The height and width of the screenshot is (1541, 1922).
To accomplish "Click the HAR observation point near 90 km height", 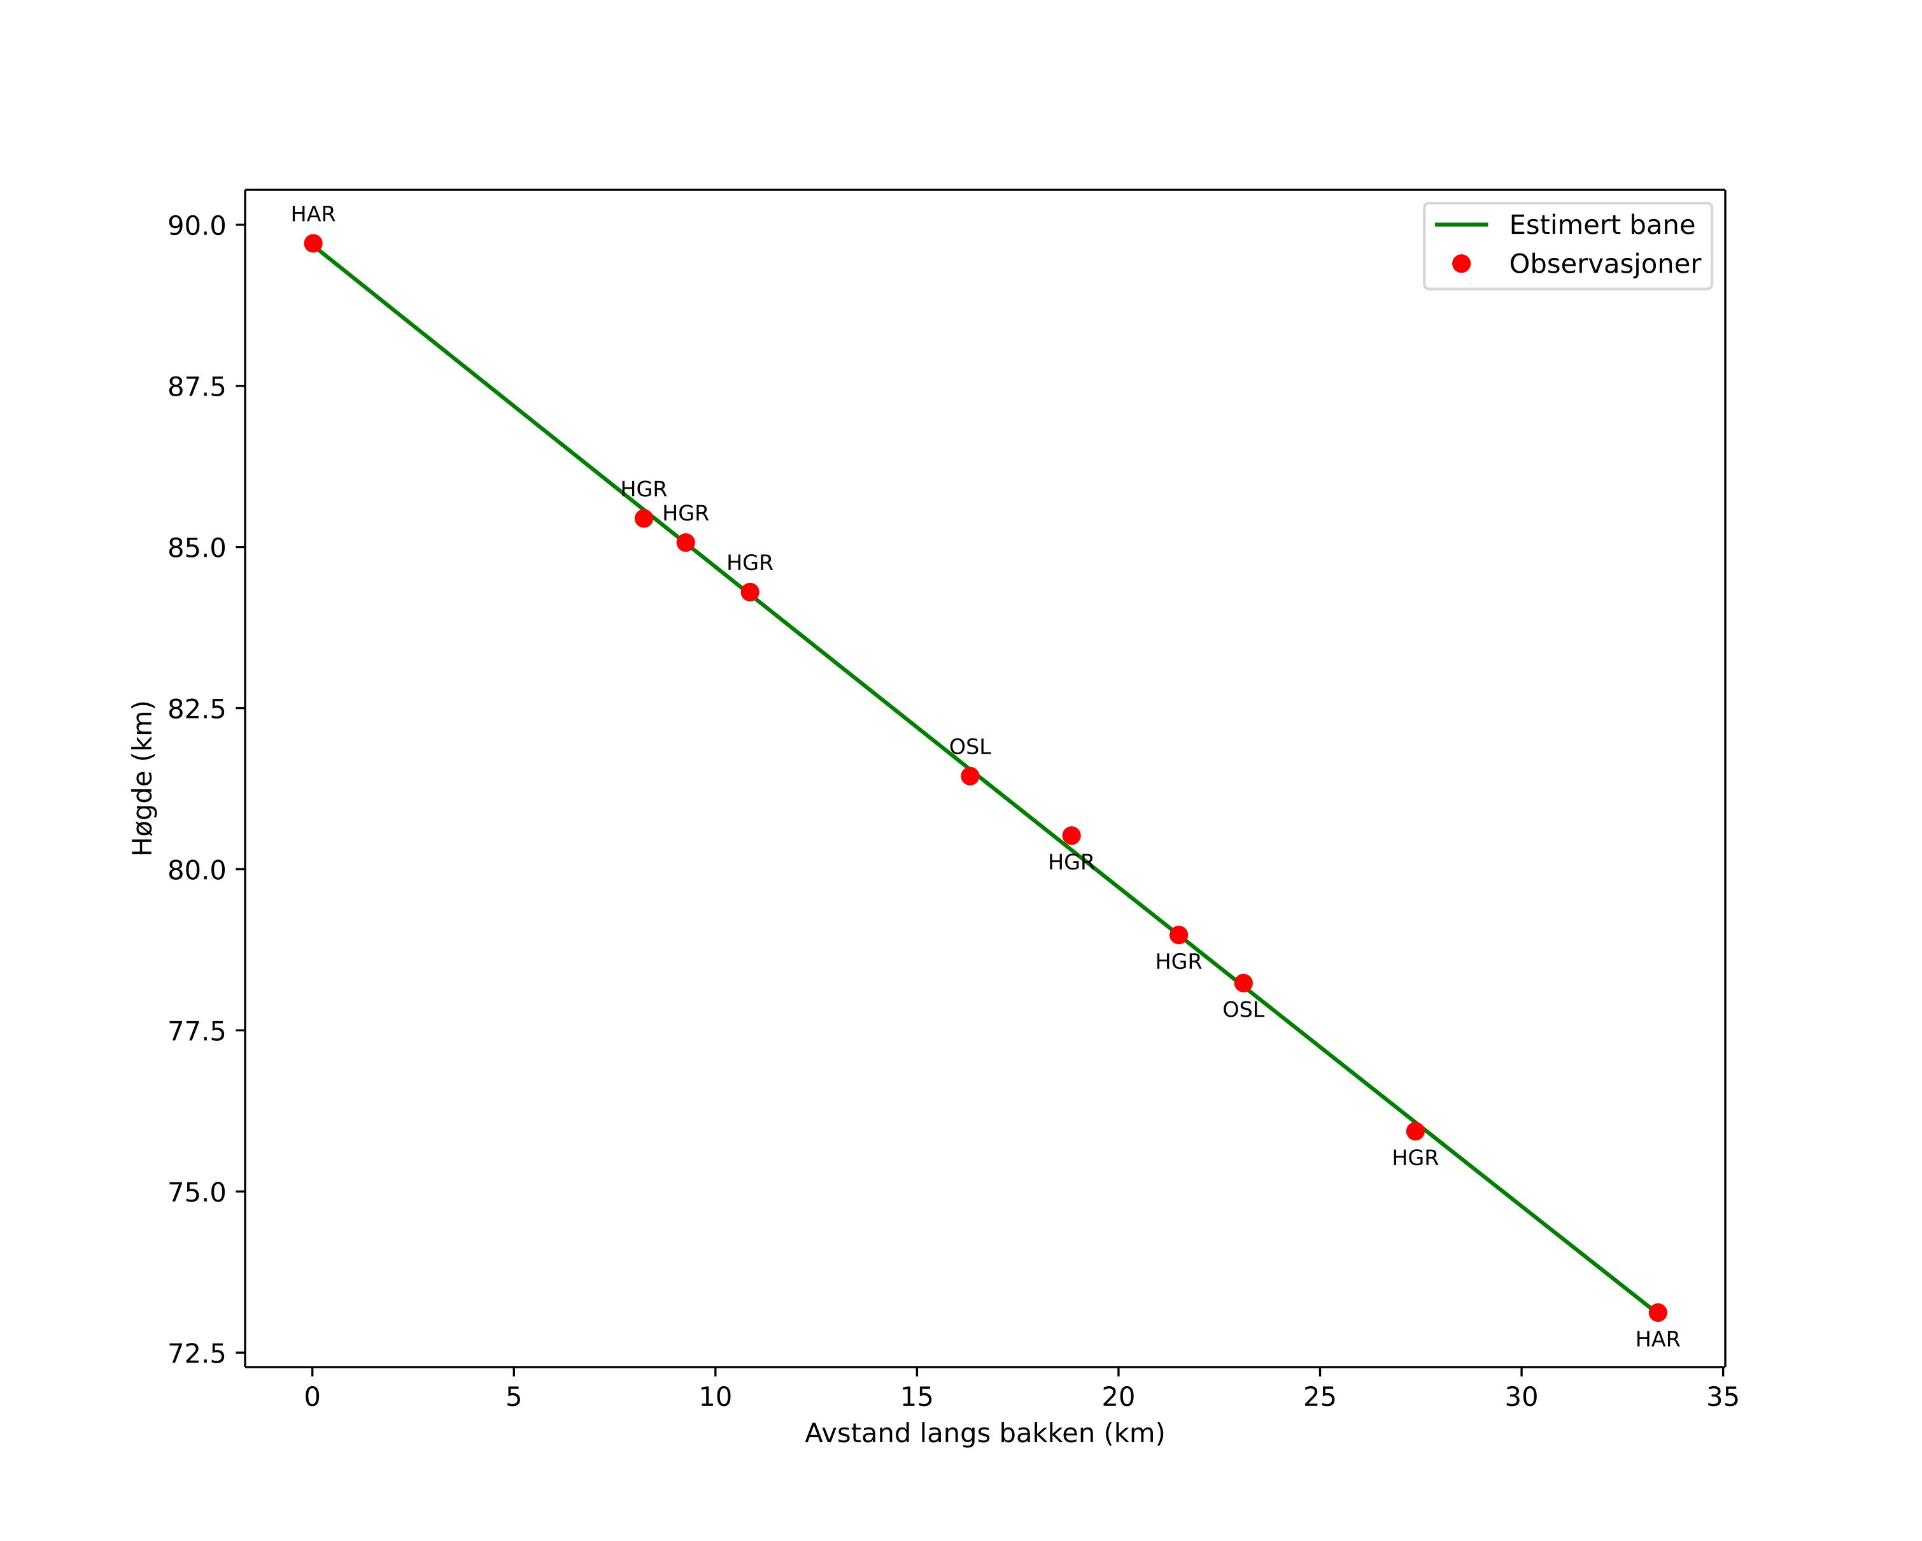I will [x=313, y=243].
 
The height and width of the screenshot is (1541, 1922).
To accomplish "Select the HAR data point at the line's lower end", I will [x=1657, y=1313].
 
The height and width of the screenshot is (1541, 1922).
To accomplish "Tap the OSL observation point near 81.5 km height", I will [x=970, y=776].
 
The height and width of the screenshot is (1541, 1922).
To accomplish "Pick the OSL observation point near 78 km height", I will [x=1243, y=984].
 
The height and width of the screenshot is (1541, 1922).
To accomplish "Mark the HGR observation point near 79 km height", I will [x=1178, y=935].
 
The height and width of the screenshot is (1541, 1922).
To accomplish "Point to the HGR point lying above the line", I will [x=1071, y=836].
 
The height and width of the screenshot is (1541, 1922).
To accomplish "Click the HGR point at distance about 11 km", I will [x=750, y=592].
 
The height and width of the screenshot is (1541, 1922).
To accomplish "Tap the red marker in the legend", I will [x=1461, y=264].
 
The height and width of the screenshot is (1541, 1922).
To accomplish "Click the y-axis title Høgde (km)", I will [x=143, y=778].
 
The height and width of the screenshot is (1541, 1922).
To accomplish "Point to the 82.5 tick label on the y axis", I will [x=196, y=709].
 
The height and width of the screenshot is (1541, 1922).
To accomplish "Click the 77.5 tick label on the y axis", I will [x=196, y=1031].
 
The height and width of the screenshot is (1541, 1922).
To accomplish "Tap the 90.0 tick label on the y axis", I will [x=196, y=226].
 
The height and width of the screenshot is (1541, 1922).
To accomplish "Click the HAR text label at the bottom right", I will [x=1657, y=1340].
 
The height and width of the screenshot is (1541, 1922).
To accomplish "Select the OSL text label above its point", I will [x=970, y=747].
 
